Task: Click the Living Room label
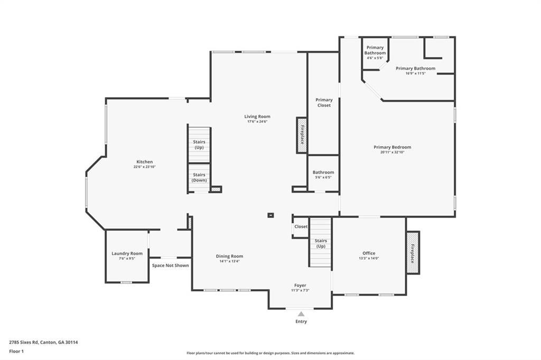(257, 117)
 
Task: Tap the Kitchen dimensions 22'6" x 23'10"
(145, 167)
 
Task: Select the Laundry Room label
(127, 253)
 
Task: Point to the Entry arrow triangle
(301, 314)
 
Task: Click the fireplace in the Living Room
(302, 135)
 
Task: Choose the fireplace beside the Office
(413, 252)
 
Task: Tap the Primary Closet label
(324, 102)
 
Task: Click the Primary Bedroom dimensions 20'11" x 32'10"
(393, 152)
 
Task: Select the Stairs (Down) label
(199, 177)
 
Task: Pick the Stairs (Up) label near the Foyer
(321, 243)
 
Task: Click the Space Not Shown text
(171, 266)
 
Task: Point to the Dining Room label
(229, 256)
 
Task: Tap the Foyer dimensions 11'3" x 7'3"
(300, 290)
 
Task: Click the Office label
(369, 253)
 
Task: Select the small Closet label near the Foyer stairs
(301, 226)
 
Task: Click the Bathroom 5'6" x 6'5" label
(323, 175)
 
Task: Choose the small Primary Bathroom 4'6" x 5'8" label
(375, 52)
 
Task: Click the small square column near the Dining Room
(270, 215)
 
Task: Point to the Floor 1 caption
(16, 352)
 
